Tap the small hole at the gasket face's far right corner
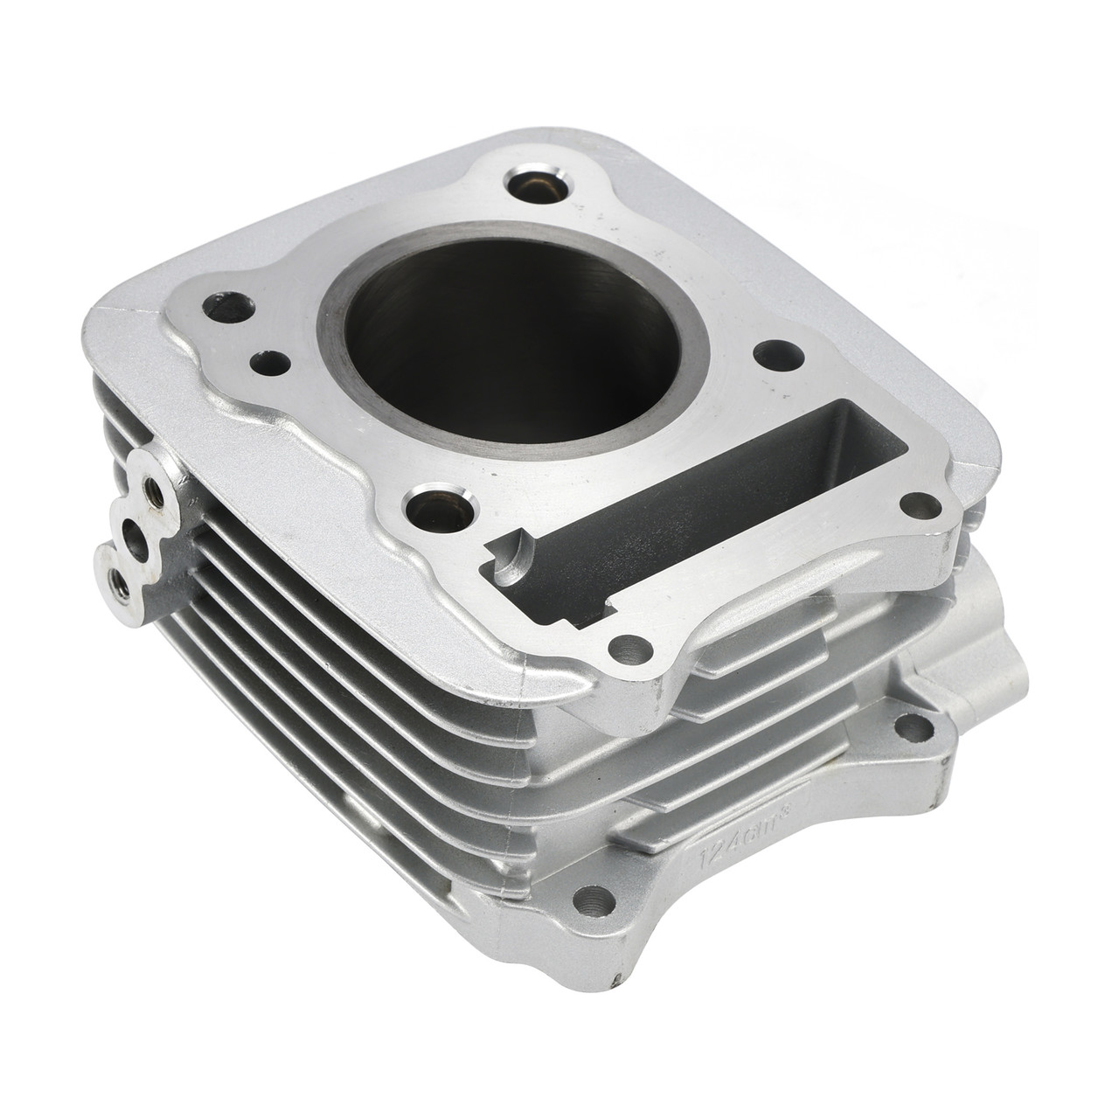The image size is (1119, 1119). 918,505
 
